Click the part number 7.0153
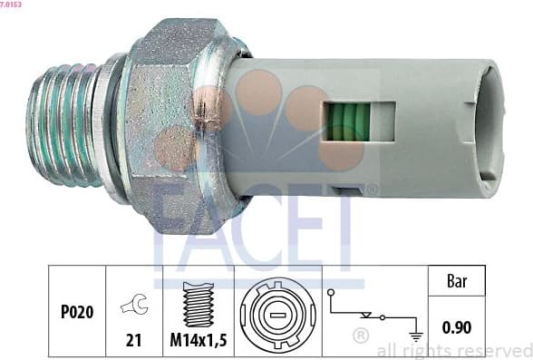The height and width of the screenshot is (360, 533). tap(12, 5)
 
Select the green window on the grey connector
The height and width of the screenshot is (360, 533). tap(345, 122)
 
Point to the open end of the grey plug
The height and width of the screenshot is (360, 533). tap(488, 127)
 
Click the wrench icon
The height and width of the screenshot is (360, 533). tap(133, 306)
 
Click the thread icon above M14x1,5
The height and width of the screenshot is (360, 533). tap(197, 304)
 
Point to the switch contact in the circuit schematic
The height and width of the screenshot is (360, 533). tap(367, 315)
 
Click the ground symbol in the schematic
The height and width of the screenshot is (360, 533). tap(416, 335)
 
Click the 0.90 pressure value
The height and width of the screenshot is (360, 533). tap(459, 326)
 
